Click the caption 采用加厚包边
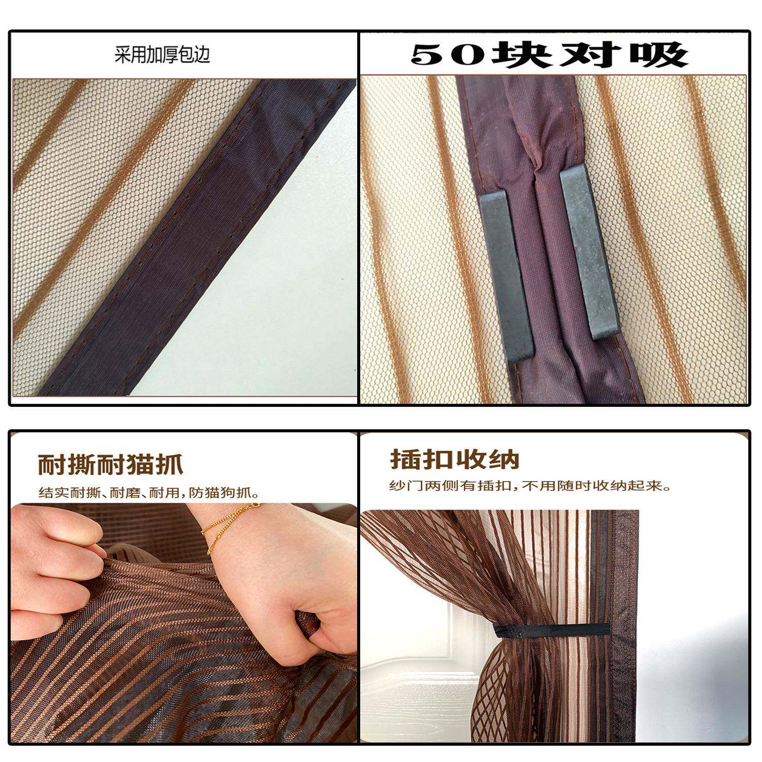coord(162,54)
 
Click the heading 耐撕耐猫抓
coord(110,464)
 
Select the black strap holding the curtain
coord(551,630)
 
